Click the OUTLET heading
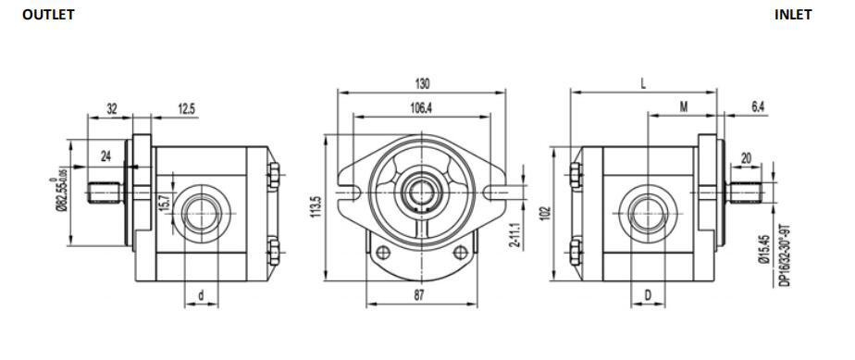[x=48, y=15]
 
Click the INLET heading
[x=793, y=15]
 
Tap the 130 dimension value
[x=422, y=84]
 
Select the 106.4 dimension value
[x=421, y=108]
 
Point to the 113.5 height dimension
[x=316, y=207]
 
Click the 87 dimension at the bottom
[x=419, y=295]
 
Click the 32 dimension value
[x=112, y=108]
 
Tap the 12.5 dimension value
[x=186, y=108]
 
